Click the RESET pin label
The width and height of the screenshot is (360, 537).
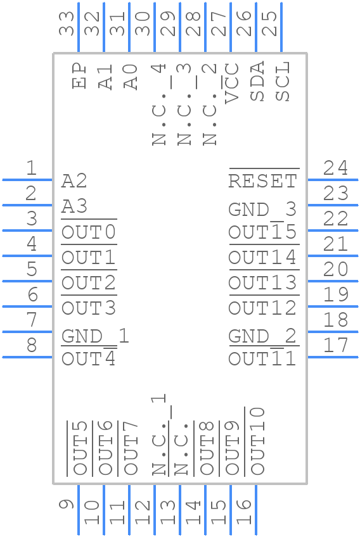point(262,181)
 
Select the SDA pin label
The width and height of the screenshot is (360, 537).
point(257,81)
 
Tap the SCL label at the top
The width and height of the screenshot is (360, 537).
point(282,81)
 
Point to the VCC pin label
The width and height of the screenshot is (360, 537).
point(232,82)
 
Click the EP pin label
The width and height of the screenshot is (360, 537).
point(79,76)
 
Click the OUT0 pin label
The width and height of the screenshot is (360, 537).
point(89,233)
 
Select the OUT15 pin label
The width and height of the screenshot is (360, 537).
point(262,233)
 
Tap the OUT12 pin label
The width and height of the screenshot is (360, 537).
point(262,308)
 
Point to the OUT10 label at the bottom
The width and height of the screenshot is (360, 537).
point(257,441)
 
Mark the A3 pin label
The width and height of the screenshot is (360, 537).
point(74,206)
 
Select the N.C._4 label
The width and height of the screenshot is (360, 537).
point(158,104)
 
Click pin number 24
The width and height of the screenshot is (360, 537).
point(335,168)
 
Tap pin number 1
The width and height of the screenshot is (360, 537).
point(30,168)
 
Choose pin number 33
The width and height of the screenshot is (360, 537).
point(67,23)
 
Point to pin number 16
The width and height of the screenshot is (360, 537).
point(244,512)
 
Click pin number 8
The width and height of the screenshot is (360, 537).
point(30,345)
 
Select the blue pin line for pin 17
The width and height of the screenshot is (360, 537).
point(333,357)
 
